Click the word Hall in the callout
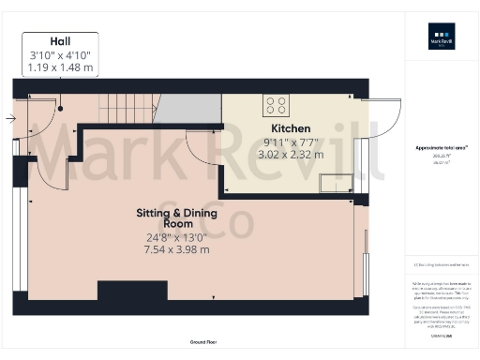click(62, 41)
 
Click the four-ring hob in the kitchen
click(276, 104)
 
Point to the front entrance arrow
click(9, 119)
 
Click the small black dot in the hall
click(61, 109)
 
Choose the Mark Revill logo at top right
click(442, 41)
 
